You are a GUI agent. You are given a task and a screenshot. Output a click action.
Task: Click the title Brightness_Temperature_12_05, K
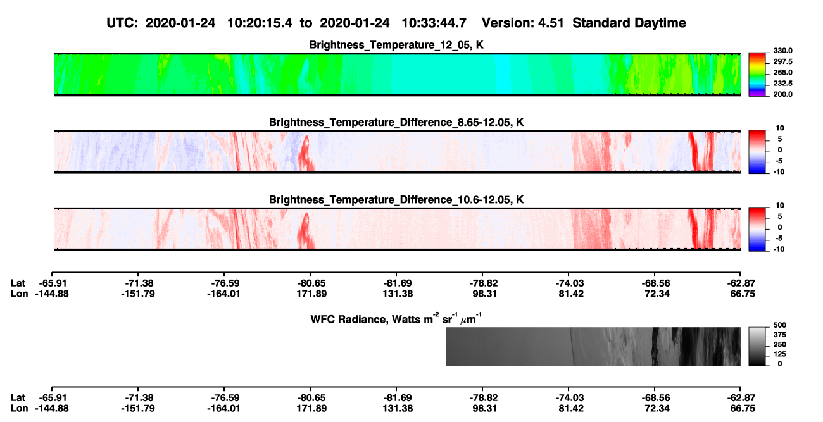point(396,45)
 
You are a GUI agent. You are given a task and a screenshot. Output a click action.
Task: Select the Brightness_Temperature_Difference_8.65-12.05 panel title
point(396,122)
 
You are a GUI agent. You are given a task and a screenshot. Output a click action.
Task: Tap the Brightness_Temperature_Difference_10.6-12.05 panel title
point(396,200)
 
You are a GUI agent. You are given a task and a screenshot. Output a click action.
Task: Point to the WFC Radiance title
point(396,319)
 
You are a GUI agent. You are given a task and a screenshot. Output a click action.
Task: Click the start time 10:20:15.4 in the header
point(260,23)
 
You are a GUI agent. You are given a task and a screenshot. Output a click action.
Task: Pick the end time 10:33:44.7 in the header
point(434,23)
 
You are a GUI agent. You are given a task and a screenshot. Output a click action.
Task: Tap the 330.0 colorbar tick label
point(782,51)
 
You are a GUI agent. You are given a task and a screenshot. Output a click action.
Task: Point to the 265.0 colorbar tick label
point(782,72)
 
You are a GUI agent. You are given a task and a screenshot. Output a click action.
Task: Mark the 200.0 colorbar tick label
point(782,94)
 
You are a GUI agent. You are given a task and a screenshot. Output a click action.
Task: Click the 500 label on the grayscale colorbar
point(780,325)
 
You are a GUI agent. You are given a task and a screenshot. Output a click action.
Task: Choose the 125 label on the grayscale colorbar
point(780,354)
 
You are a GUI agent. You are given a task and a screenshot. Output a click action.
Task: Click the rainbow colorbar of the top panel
point(757,75)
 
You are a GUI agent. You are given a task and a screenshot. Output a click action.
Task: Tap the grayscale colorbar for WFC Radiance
point(757,346)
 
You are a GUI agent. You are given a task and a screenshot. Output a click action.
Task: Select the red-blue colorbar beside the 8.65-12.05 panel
point(757,152)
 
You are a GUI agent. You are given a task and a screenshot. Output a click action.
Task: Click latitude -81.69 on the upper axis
point(398,283)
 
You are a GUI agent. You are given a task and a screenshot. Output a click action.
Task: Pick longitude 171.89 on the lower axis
point(311,409)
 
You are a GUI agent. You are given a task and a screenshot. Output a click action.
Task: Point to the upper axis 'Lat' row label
point(18,283)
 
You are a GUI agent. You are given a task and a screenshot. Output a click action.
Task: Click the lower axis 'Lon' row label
point(19,409)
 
